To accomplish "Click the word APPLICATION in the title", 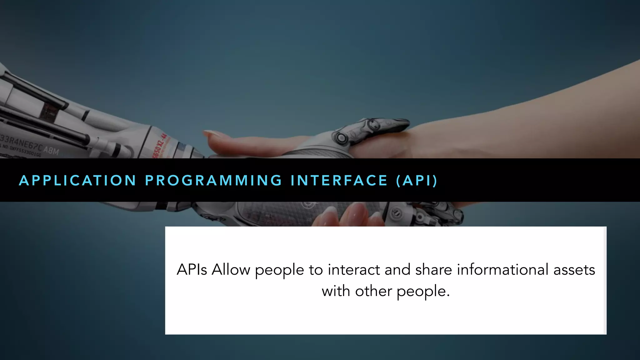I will (x=77, y=181).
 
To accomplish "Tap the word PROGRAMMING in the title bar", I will (x=214, y=181).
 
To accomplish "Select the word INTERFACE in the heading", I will (x=339, y=181).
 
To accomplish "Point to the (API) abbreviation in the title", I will (x=417, y=181).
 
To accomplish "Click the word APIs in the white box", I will (x=192, y=269).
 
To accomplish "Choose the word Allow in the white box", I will (x=231, y=269).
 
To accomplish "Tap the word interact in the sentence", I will (x=354, y=269).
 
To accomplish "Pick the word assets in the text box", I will (x=574, y=269).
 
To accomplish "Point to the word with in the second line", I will (x=336, y=291).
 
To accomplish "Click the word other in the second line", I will (x=373, y=291).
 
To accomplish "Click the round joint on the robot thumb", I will (x=342, y=138).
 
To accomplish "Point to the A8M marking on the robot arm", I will (x=51, y=151).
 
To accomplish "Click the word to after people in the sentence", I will (x=316, y=269).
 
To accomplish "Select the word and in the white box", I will (x=397, y=269).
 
